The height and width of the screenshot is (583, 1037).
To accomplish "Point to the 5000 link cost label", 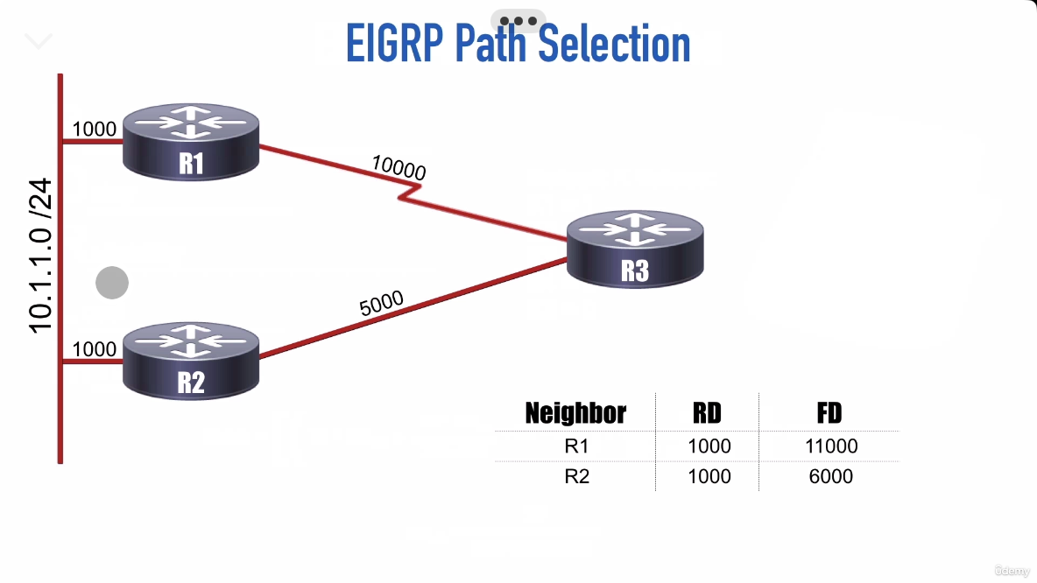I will coord(381,303).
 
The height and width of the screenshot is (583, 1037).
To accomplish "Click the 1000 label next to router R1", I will coord(94,130).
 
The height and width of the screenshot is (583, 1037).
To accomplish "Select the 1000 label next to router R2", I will coord(94,349).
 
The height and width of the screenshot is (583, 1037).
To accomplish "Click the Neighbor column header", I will coord(575,413).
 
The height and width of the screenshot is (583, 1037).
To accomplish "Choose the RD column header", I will coord(708,413).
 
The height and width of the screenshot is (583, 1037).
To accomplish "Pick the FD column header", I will coord(829,413).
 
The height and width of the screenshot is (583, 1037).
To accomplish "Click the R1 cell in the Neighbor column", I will coord(576,446).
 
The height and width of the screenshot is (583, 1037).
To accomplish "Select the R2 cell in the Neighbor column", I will coord(576,476).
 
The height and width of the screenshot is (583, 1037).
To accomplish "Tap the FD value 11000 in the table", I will coord(830,446).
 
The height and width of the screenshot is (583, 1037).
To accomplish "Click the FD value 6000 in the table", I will coord(830,476).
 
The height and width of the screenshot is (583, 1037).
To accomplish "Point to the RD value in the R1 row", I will coord(709,446).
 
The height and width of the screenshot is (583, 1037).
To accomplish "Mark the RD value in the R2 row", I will coord(709,476).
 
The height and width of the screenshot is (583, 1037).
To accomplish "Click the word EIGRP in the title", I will coord(395,44).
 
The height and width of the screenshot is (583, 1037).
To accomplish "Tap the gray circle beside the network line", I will coord(112,283).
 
